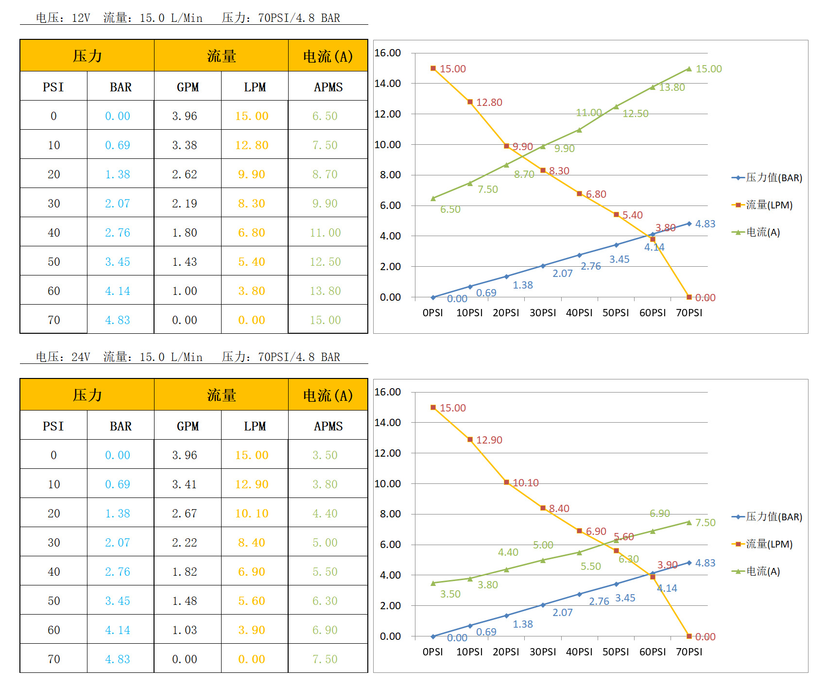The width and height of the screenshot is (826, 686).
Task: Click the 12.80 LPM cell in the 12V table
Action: pyautogui.click(x=252, y=145)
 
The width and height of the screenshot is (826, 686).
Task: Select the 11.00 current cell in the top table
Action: pyautogui.click(x=326, y=232)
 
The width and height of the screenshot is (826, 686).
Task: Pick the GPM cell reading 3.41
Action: pyautogui.click(x=185, y=484)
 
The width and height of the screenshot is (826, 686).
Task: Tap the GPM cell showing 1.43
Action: pyautogui.click(x=185, y=261)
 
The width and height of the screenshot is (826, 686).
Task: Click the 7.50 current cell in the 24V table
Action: pyautogui.click(x=325, y=659)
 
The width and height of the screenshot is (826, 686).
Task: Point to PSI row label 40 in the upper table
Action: pyautogui.click(x=54, y=232)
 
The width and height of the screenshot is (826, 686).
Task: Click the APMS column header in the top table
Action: pyautogui.click(x=328, y=87)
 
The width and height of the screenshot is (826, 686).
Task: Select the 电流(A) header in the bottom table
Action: pyautogui.click(x=328, y=395)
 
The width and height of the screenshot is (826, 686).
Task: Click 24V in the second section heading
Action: pyautogui.click(x=81, y=357)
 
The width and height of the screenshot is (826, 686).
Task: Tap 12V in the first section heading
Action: pyautogui.click(x=81, y=18)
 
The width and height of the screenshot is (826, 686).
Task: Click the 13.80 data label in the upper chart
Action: pyautogui.click(x=672, y=87)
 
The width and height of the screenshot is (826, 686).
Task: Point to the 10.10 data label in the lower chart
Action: pyautogui.click(x=526, y=483)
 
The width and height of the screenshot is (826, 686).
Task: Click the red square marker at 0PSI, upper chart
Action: pyautogui.click(x=433, y=69)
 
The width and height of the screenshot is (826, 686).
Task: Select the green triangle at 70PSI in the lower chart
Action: pyautogui.click(x=689, y=522)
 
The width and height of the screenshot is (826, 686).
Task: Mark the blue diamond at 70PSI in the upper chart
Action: pyautogui.click(x=689, y=223)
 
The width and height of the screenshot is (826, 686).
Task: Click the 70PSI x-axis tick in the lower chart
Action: pyautogui.click(x=689, y=652)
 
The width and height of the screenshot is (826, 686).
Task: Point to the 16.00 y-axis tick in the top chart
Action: pyautogui.click(x=388, y=53)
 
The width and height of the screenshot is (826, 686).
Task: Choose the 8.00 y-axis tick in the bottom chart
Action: pyautogui.click(x=390, y=514)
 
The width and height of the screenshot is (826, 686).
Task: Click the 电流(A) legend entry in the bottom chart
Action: pyautogui.click(x=763, y=571)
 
